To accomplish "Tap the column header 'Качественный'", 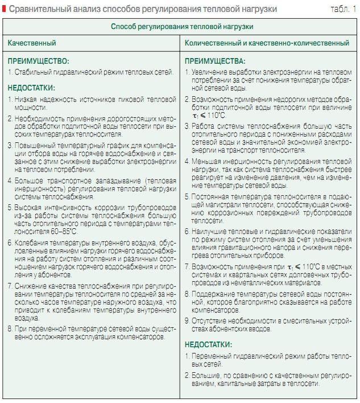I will [x=32, y=43].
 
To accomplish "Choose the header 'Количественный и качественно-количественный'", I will [x=267, y=43].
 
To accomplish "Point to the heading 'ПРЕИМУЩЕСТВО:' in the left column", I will [x=38, y=61].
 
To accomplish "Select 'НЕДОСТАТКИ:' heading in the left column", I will [x=31, y=88].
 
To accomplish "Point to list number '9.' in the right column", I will [x=188, y=320].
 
